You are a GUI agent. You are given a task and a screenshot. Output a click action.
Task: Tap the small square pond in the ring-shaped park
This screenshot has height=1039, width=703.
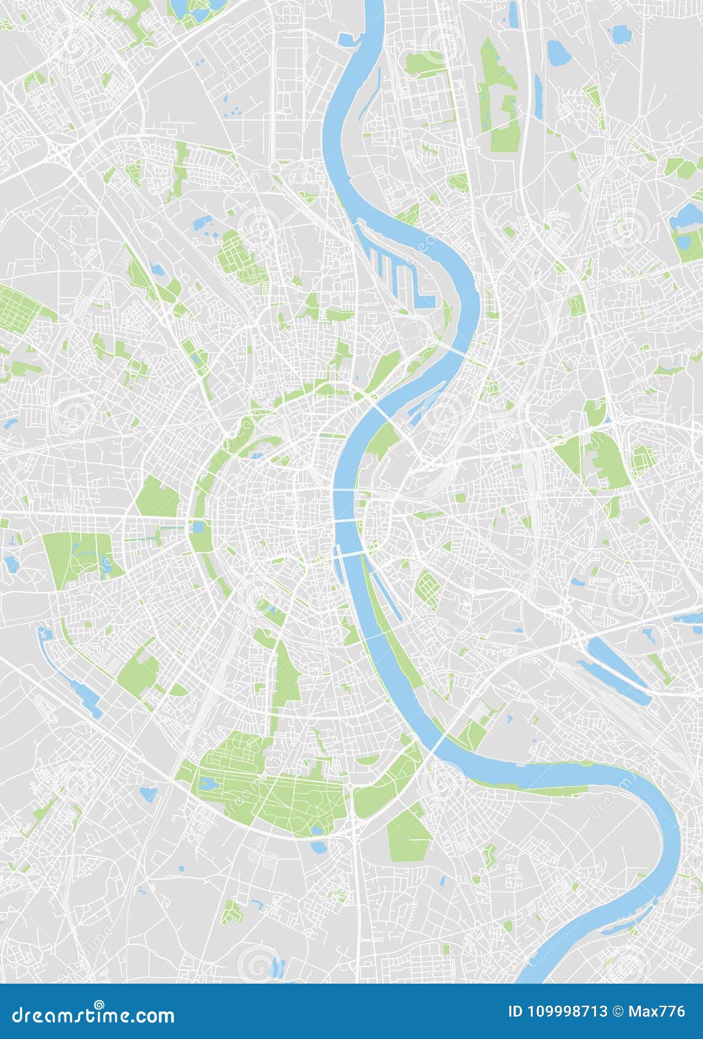[x=198, y=527]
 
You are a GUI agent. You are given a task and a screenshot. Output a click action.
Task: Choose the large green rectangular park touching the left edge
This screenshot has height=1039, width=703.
[x=18, y=307]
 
